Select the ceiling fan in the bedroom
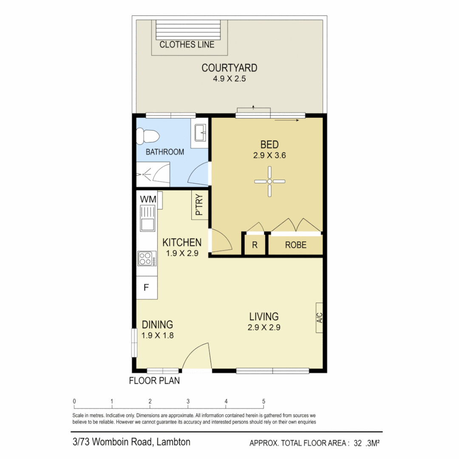point(269,181)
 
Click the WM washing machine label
point(148,199)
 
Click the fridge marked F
point(146,288)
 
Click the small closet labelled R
point(255,245)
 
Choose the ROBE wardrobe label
point(295,245)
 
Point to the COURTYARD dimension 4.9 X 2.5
point(229,79)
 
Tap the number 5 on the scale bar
point(264,401)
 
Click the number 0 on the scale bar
point(74,401)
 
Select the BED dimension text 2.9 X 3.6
point(269,156)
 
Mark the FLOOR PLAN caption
point(154,381)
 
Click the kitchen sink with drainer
point(147,218)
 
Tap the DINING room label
point(157,325)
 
